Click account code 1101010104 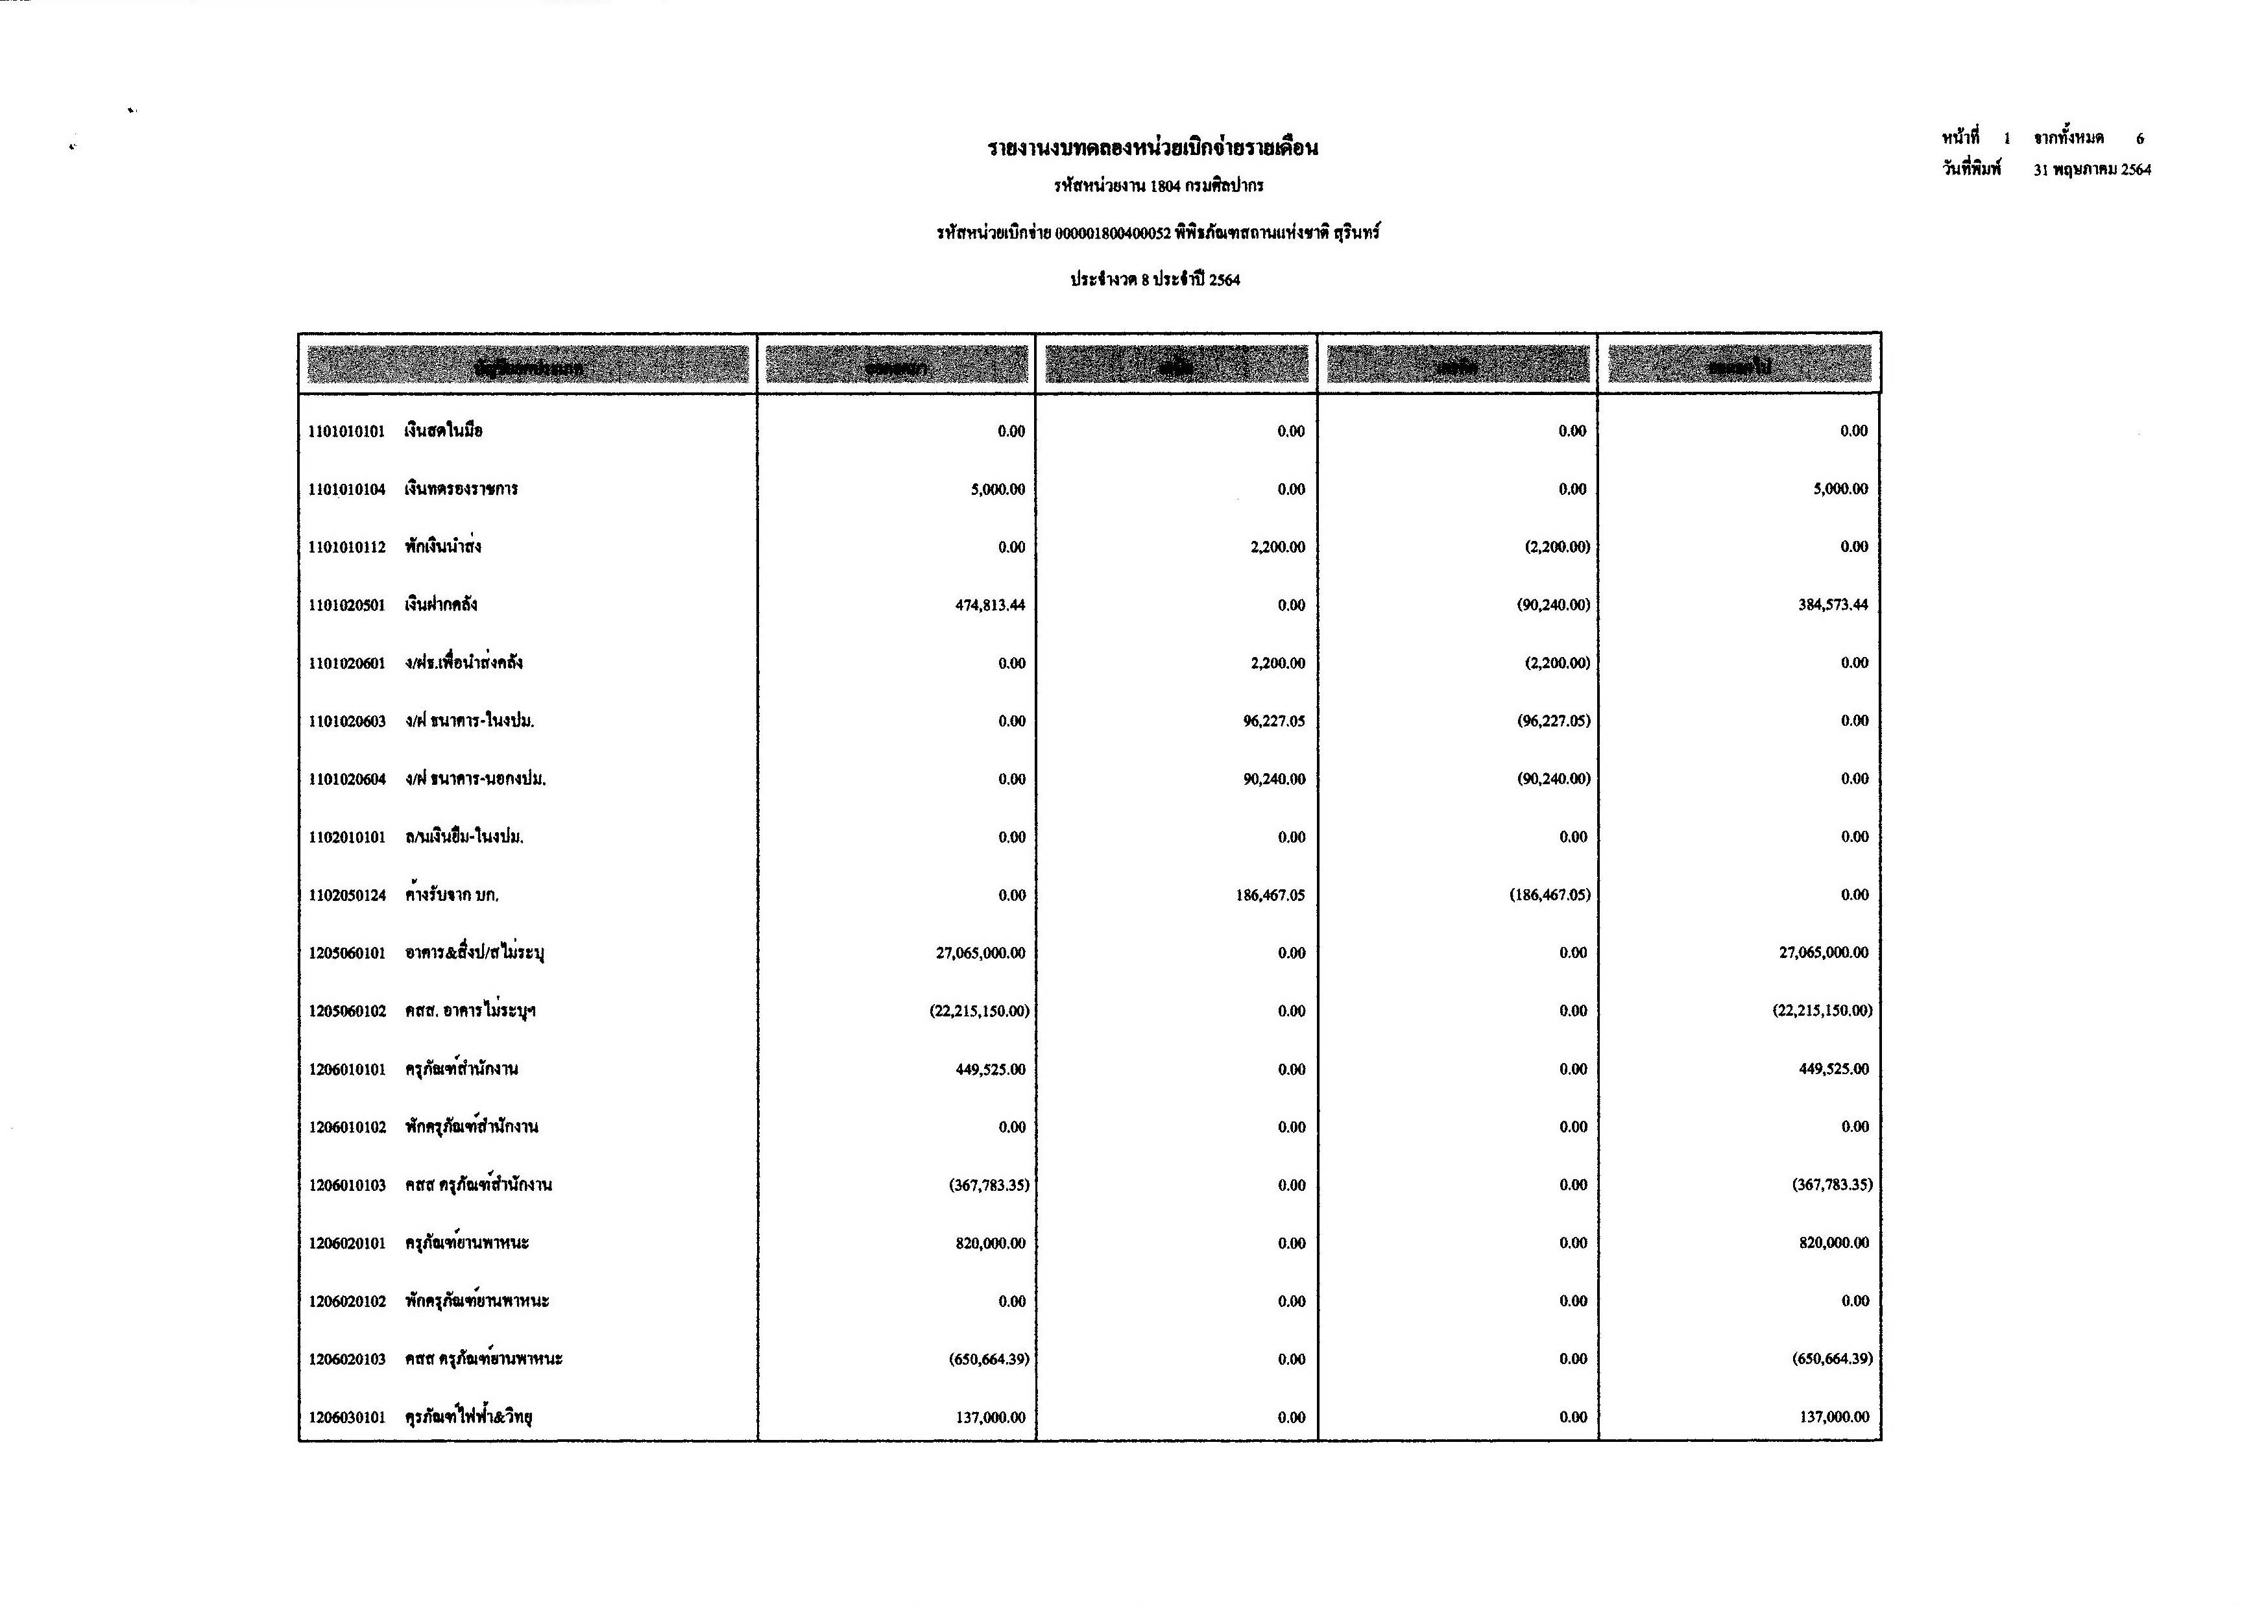[x=346, y=490]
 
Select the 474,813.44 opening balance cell [x=989, y=605]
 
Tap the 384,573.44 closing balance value [x=1832, y=605]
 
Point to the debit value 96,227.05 [x=1274, y=721]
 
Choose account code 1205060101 [x=346, y=953]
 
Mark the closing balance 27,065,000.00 [x=1823, y=953]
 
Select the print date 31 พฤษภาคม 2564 [x=2091, y=170]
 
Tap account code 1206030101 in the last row [x=346, y=1418]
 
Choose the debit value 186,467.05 [x=1270, y=896]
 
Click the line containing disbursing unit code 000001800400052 [x=1157, y=234]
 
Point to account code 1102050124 [x=346, y=896]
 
